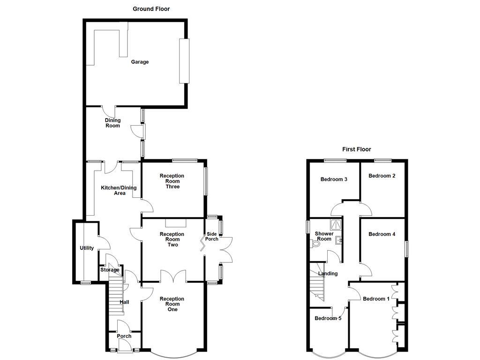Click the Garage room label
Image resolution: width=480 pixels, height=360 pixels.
pyautogui.click(x=140, y=62)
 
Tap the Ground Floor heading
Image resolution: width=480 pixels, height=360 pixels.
pyautogui.click(x=151, y=9)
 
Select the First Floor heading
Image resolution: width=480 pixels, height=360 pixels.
pyautogui.click(x=356, y=150)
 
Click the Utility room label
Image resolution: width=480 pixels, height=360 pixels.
pyautogui.click(x=87, y=248)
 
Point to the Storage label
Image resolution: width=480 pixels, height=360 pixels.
pyautogui.click(x=110, y=270)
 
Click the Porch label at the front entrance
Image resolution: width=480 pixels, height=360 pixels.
pyautogui.click(x=124, y=336)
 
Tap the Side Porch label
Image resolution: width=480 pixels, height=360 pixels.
pyautogui.click(x=212, y=236)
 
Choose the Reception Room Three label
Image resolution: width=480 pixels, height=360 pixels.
pyautogui.click(x=172, y=181)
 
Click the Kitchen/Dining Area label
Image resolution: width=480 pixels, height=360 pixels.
pyautogui.click(x=119, y=190)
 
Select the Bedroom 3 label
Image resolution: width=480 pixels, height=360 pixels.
pyautogui.click(x=334, y=179)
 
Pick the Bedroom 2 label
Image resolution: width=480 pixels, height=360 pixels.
pyautogui.click(x=382, y=176)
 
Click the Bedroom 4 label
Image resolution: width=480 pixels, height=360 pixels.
pyautogui.click(x=382, y=234)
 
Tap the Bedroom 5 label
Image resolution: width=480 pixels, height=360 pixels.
pyautogui.click(x=328, y=318)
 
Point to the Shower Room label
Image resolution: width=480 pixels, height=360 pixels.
pyautogui.click(x=324, y=236)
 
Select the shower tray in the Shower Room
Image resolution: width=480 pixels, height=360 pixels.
pyautogui.click(x=336, y=224)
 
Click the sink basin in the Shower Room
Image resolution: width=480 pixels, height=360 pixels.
pyautogui.click(x=338, y=240)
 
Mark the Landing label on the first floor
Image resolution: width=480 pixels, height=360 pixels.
pyautogui.click(x=328, y=273)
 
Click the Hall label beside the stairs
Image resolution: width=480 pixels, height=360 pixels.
pyautogui.click(x=124, y=302)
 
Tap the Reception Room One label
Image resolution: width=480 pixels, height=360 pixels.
pyautogui.click(x=172, y=304)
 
